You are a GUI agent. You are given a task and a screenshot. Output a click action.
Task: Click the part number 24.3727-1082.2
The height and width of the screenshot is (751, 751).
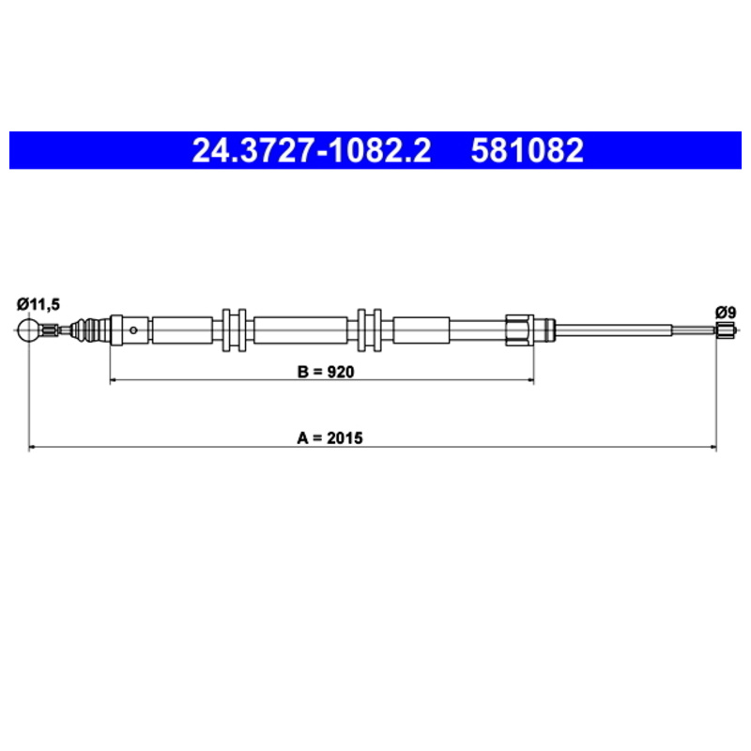(x=312, y=150)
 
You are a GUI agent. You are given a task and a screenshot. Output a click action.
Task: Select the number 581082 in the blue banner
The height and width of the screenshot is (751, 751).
(x=527, y=150)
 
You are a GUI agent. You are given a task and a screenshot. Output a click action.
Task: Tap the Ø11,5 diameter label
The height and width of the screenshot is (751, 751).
(x=38, y=304)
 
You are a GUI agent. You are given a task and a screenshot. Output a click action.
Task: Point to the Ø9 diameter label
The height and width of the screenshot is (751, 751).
(x=725, y=313)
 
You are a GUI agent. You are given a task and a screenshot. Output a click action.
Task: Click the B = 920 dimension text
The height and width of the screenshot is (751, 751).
(x=326, y=372)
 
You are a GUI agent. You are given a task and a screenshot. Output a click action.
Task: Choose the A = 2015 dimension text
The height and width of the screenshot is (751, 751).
(x=330, y=437)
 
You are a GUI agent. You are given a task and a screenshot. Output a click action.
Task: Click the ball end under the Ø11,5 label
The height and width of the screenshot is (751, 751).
(x=29, y=330)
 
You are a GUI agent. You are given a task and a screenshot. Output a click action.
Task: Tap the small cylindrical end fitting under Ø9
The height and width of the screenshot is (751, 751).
(x=726, y=330)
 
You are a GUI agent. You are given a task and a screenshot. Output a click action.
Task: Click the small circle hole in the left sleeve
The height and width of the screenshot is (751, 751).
(x=133, y=330)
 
